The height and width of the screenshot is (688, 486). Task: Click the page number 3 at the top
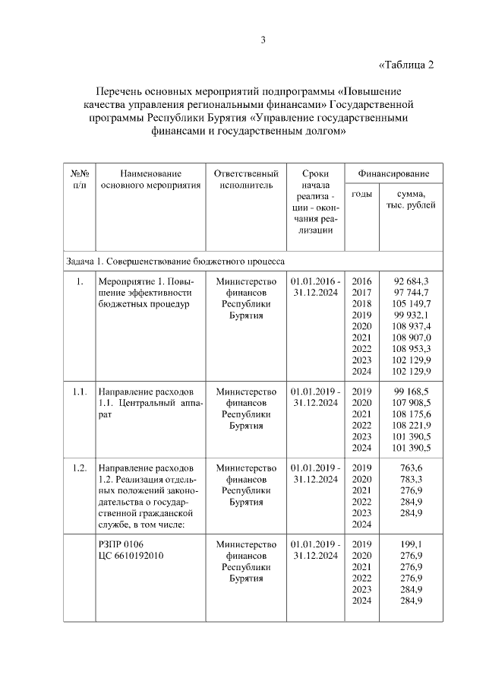click(x=263, y=40)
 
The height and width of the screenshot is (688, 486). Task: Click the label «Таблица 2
click(x=406, y=64)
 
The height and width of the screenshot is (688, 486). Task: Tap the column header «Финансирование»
click(x=393, y=173)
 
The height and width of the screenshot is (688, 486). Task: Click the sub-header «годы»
click(x=362, y=194)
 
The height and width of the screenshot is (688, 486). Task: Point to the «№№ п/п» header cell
click(x=80, y=179)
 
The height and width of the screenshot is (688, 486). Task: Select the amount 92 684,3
click(x=412, y=281)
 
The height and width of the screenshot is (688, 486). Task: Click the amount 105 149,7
click(x=412, y=303)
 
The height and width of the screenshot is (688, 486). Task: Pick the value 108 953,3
click(x=412, y=348)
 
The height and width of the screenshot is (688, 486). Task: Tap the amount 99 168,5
click(x=412, y=392)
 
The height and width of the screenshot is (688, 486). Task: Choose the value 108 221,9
click(x=412, y=425)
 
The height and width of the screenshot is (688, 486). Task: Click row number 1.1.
click(x=80, y=392)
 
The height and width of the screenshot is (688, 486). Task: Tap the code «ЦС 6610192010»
click(x=131, y=556)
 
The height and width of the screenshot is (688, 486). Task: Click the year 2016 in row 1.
click(x=362, y=281)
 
